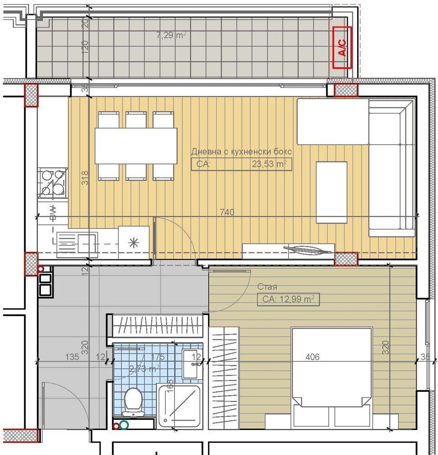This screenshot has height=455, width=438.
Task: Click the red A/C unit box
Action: click(x=342, y=47)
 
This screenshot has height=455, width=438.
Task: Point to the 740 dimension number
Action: click(x=227, y=212)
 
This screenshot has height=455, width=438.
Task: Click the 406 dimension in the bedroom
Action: click(x=312, y=357)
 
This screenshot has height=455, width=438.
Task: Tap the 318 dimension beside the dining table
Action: click(x=85, y=177)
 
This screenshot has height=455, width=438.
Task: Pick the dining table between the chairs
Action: click(x=136, y=146)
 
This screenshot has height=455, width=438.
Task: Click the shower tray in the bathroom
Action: click(x=178, y=407)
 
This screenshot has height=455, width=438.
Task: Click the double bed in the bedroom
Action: click(x=331, y=378)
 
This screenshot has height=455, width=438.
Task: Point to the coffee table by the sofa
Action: click(x=331, y=192)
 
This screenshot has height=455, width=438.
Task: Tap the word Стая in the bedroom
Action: click(x=267, y=287)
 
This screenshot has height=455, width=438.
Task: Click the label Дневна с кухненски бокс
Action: click(x=241, y=152)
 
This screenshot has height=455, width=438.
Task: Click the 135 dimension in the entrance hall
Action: click(x=72, y=357)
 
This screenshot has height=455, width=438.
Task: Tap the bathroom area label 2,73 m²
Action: click(x=144, y=369)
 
